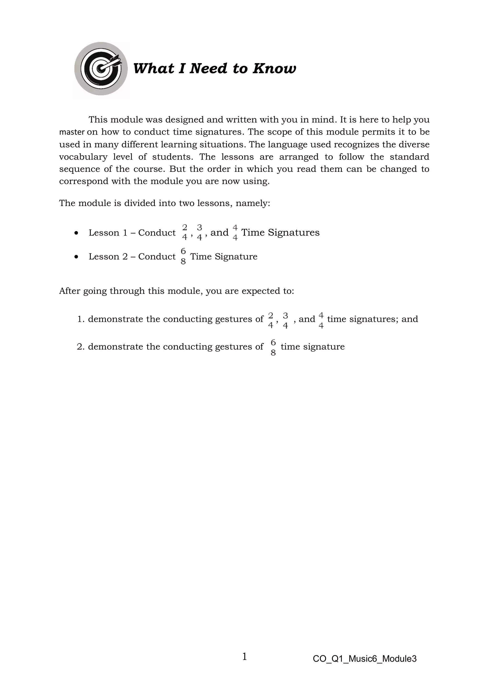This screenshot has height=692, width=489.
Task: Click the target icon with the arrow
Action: (x=101, y=69)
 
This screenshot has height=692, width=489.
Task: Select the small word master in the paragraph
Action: (x=72, y=132)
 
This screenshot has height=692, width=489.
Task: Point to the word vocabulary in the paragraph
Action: (x=83, y=157)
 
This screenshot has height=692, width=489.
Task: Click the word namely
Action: (x=253, y=203)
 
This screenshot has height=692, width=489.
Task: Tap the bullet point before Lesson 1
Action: (x=76, y=233)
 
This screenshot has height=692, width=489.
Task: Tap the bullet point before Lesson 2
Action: (x=76, y=257)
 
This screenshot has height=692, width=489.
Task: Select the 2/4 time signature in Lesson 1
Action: (x=185, y=232)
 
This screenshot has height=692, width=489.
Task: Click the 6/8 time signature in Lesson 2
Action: (x=183, y=256)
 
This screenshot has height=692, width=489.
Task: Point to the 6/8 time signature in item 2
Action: (x=273, y=347)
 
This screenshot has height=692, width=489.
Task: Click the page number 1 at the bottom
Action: (x=244, y=656)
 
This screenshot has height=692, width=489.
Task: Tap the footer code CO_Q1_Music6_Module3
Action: (x=365, y=659)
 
